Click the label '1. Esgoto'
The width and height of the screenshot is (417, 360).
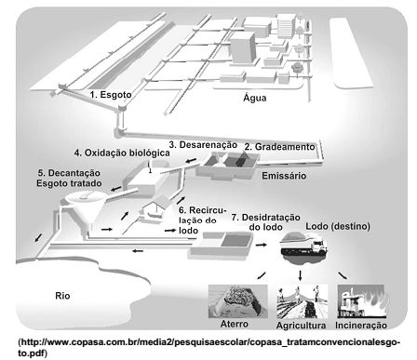point(111,94)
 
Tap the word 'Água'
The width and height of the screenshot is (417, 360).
point(255,98)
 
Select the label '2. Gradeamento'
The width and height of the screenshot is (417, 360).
point(279,147)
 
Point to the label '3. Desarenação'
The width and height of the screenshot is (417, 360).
point(203,145)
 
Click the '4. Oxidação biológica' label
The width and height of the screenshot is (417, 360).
point(122,153)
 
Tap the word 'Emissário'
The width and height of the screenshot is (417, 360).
point(284,176)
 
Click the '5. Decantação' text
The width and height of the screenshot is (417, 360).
point(69,173)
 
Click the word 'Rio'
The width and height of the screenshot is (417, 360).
point(62,296)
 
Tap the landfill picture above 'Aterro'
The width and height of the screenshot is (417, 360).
point(238,301)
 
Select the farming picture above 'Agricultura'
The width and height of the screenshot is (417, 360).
point(303,301)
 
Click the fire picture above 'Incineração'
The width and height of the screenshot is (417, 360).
point(362,301)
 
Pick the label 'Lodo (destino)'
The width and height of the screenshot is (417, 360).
point(338,226)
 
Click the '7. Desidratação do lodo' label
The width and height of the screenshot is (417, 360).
point(266,222)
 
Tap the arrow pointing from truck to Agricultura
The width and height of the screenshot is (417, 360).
point(300,275)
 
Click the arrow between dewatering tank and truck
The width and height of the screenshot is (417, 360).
point(262,245)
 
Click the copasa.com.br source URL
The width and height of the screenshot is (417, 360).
point(209,347)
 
